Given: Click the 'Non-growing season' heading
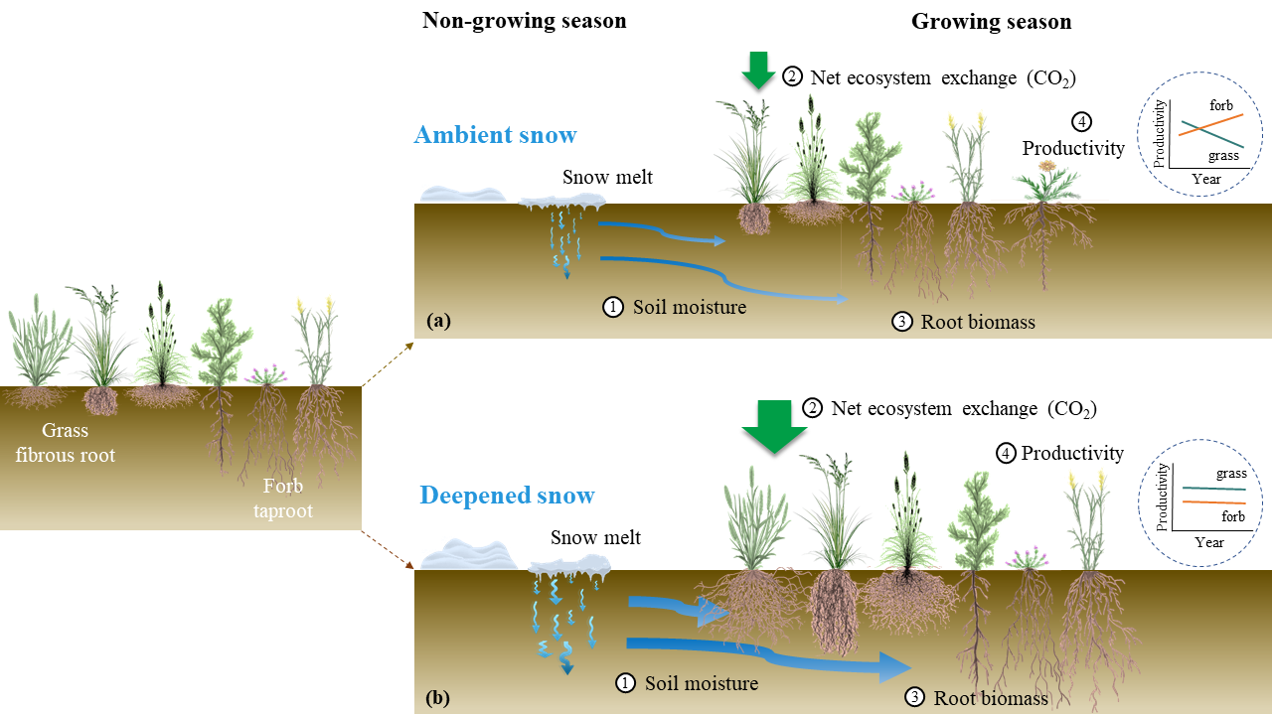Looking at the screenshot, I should [524, 21].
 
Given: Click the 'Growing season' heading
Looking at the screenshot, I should [991, 21].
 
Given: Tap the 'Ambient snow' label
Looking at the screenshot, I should [495, 134].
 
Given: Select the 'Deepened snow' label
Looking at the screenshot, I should [507, 495].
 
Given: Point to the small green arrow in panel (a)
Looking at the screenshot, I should [758, 70].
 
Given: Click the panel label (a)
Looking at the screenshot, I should [437, 321].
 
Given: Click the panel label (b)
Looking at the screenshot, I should [437, 698].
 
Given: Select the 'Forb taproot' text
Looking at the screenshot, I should [289, 499].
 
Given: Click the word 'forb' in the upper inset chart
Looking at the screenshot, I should [1221, 104].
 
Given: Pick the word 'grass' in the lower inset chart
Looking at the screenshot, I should [1231, 474].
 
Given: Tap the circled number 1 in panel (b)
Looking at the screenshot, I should [625, 683].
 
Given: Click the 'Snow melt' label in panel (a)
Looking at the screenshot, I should [607, 178].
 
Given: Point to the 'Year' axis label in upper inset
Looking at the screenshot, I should [1205, 179].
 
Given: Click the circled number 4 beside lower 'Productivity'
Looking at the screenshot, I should [1006, 453].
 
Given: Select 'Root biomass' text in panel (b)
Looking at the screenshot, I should [991, 698].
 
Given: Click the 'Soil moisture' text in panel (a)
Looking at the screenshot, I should [689, 307].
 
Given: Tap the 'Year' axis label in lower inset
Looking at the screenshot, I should [1208, 542].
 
